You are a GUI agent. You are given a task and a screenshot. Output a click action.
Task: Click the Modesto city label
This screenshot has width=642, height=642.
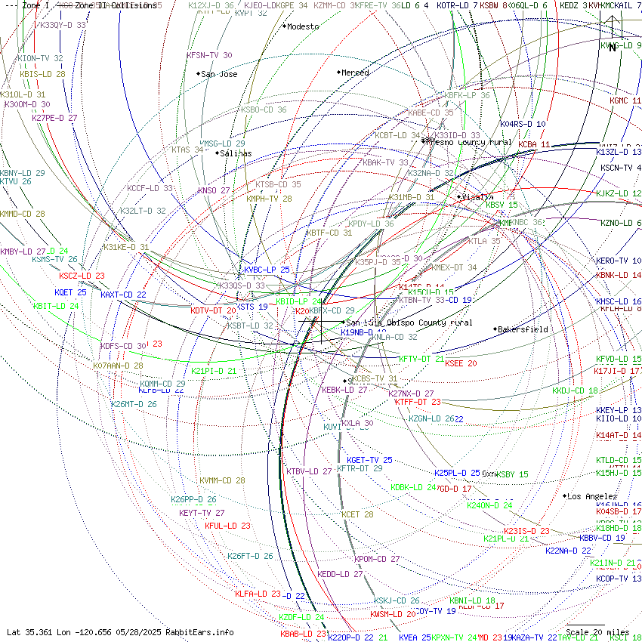[x=303, y=26]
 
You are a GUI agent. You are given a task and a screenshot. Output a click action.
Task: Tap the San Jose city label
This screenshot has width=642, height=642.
[x=219, y=74]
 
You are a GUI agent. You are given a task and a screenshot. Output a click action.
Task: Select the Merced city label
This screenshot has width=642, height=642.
[x=355, y=73]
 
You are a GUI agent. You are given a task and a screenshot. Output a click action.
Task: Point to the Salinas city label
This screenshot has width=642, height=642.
[x=236, y=153]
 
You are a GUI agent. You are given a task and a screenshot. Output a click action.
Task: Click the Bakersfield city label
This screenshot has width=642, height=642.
[x=523, y=329]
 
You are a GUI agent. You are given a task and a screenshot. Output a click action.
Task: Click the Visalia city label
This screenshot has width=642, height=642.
[x=477, y=197]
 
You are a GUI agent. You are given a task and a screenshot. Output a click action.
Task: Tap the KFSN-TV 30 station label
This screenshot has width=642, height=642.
[x=209, y=55]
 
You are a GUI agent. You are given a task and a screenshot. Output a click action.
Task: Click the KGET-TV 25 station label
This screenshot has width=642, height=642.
[x=369, y=460]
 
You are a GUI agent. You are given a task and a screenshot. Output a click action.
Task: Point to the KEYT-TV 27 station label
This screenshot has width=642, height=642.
[x=202, y=513]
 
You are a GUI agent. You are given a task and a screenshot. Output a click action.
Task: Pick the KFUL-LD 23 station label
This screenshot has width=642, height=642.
[x=227, y=526]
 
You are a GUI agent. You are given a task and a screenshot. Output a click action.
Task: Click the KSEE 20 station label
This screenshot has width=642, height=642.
[x=461, y=363]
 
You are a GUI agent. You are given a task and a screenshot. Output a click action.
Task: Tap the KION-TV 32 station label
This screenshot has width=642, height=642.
[x=40, y=58]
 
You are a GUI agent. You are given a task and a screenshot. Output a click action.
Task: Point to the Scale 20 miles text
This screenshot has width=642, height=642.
[x=597, y=632]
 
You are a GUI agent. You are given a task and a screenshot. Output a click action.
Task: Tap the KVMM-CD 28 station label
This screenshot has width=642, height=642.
[x=222, y=480]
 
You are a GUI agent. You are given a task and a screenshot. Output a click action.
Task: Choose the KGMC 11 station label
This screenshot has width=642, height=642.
[x=625, y=100]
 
